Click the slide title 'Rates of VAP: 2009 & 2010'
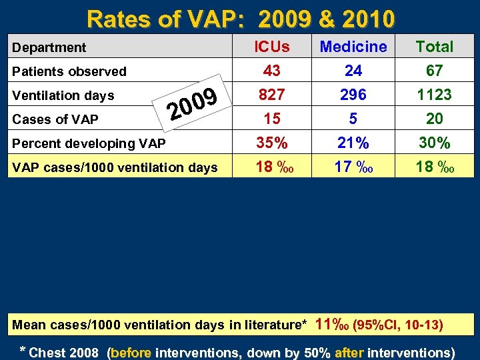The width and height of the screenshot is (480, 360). pyautogui.click(x=240, y=19)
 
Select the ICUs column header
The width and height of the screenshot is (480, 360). pyautogui.click(x=272, y=47)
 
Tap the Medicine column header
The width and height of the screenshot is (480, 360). pyautogui.click(x=353, y=47)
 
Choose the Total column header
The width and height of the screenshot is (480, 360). pyautogui.click(x=434, y=47)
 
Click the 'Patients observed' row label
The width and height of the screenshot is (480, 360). pyautogui.click(x=69, y=71)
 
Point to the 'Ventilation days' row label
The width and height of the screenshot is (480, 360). pyautogui.click(x=64, y=95)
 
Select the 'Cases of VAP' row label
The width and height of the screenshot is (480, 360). pyautogui.click(x=55, y=119)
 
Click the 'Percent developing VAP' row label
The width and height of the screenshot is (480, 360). pyautogui.click(x=89, y=143)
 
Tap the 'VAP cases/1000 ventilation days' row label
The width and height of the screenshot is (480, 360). pyautogui.click(x=115, y=167)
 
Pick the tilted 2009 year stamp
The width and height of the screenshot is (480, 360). pyautogui.click(x=193, y=107)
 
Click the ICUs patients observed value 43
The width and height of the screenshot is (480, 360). pyautogui.click(x=272, y=71)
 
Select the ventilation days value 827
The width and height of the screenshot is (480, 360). pyautogui.click(x=272, y=95)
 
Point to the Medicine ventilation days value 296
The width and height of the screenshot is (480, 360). pyautogui.click(x=353, y=95)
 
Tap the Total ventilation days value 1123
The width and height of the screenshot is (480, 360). pyautogui.click(x=434, y=95)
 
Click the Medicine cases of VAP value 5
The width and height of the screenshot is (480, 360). pyautogui.click(x=353, y=119)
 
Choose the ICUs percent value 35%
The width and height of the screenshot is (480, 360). pyautogui.click(x=272, y=143)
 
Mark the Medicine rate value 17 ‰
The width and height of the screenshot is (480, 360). pyautogui.click(x=353, y=167)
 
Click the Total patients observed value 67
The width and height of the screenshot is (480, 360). pyautogui.click(x=434, y=71)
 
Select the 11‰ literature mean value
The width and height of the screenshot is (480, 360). pyautogui.click(x=331, y=324)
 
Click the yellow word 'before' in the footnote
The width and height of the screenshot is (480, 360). pyautogui.click(x=132, y=353)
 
